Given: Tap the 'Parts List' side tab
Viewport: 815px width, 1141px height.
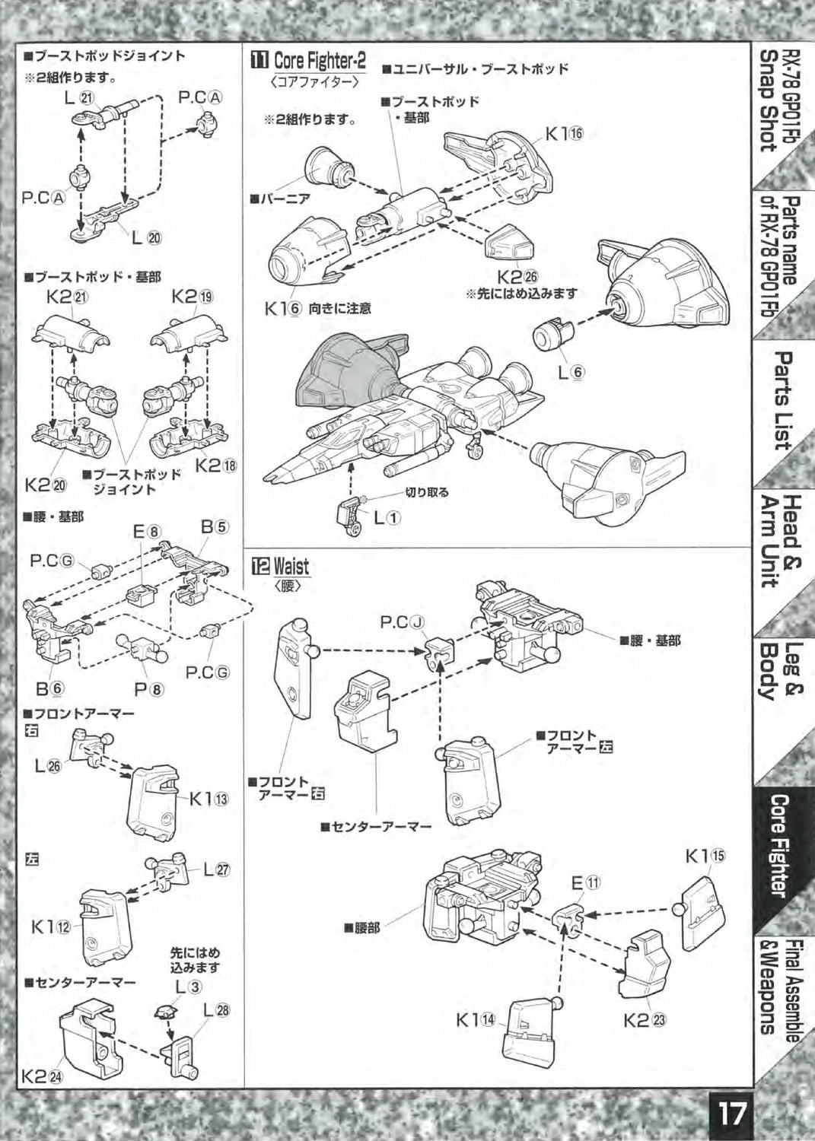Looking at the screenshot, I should tap(781, 399).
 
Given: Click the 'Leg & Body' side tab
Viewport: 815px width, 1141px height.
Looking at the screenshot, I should tap(779, 671).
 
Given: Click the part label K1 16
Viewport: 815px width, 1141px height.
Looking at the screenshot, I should tap(563, 135).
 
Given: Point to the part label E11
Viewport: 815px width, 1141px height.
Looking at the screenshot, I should tap(586, 883).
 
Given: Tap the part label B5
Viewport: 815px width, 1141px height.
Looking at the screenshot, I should tap(215, 526).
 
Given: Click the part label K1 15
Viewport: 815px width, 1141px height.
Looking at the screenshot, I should tap(705, 856).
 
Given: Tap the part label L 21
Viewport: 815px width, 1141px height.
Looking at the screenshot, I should tap(79, 97).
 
